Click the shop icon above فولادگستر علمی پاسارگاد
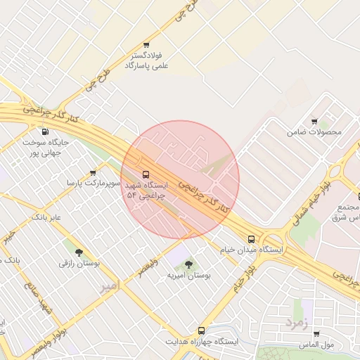click(x=146, y=45)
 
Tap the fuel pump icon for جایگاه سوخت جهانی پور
click(x=46, y=131)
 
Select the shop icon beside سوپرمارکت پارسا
click(x=93, y=173)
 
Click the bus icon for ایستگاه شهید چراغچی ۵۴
click(x=146, y=174)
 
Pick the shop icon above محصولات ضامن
click(x=314, y=122)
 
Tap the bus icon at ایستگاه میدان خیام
click(x=252, y=239)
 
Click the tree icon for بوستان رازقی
click(x=78, y=252)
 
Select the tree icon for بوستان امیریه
click(x=188, y=264)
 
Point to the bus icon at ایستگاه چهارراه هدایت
click(x=201, y=330)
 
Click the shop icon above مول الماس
click(x=316, y=335)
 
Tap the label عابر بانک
click(x=46, y=217)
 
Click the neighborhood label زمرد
click(x=296, y=322)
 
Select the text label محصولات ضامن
click(x=314, y=132)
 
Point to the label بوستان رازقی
click(x=79, y=263)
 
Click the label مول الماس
click(x=316, y=345)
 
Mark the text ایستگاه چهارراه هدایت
click(x=202, y=341)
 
